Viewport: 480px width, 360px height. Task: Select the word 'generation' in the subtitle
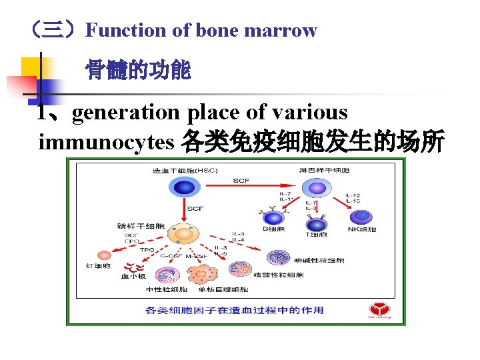click(126, 113)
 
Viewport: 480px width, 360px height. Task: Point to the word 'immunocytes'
click(107, 141)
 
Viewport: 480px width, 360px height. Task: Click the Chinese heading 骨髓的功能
click(138, 70)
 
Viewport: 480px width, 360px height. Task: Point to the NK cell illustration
click(363, 217)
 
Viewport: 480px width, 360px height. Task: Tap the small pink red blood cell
click(105, 255)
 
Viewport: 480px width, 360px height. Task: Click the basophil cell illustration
click(276, 257)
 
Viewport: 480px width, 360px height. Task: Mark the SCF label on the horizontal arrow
click(241, 180)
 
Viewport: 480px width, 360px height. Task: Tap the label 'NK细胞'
click(363, 230)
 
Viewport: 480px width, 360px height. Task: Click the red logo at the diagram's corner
click(380, 309)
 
